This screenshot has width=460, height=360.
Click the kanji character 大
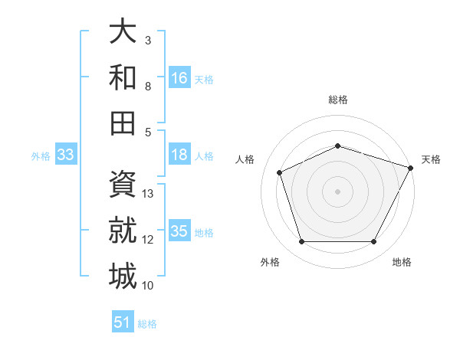123,31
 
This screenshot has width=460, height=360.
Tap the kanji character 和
123,77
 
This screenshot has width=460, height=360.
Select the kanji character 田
123,122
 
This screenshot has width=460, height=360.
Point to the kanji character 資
123,184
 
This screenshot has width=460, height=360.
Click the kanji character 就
123,230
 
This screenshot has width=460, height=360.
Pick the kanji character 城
123,275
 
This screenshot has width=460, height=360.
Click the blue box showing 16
179,77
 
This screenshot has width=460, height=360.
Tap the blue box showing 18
179,155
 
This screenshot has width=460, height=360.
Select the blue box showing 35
179,231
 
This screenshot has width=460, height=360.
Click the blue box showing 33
66,155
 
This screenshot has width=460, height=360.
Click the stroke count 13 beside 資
149,194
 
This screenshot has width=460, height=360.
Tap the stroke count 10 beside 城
149,286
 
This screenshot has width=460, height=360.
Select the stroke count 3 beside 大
148,40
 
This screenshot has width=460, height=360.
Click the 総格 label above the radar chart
338,100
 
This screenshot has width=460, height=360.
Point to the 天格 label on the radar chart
431,159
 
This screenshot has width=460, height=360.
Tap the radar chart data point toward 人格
280,172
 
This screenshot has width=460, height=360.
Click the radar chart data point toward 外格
301,242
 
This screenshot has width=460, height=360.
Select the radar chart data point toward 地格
374,242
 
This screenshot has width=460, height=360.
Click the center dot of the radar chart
338,191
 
